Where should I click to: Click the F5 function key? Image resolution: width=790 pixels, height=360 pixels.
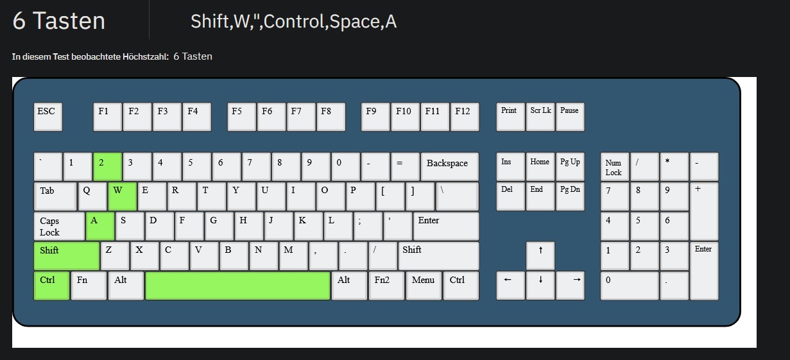pyautogui.click(x=241, y=116)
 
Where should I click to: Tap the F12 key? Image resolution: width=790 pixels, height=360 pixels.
pyautogui.click(x=465, y=116)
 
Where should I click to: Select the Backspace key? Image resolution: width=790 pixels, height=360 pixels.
pyautogui.click(x=449, y=166)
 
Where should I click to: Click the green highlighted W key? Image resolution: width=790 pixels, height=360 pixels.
pyautogui.click(x=123, y=196)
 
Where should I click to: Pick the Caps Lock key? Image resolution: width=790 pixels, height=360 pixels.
pyautogui.click(x=58, y=226)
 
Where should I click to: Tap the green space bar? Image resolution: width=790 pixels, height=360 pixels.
pyautogui.click(x=237, y=286)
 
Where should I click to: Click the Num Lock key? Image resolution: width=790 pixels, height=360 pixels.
pyautogui.click(x=614, y=166)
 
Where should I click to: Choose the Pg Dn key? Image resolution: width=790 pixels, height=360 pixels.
pyautogui.click(x=570, y=196)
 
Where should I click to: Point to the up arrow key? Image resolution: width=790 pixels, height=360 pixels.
pyautogui.click(x=540, y=255)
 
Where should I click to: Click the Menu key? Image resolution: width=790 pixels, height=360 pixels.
pyautogui.click(x=424, y=286)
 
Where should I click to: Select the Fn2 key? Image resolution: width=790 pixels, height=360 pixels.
pyautogui.click(x=386, y=286)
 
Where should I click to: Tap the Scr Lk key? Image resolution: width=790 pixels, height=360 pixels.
pyautogui.click(x=540, y=116)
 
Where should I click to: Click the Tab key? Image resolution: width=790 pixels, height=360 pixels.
pyautogui.click(x=55, y=196)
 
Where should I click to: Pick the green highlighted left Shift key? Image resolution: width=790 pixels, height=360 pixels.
pyautogui.click(x=66, y=255)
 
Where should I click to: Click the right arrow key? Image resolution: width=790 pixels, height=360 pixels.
pyautogui.click(x=570, y=286)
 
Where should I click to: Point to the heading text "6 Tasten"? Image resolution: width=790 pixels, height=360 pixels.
pyautogui.click(x=58, y=21)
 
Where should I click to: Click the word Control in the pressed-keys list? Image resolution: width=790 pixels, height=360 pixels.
pyautogui.click(x=295, y=22)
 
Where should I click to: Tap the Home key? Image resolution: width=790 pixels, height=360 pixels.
pyautogui.click(x=540, y=166)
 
